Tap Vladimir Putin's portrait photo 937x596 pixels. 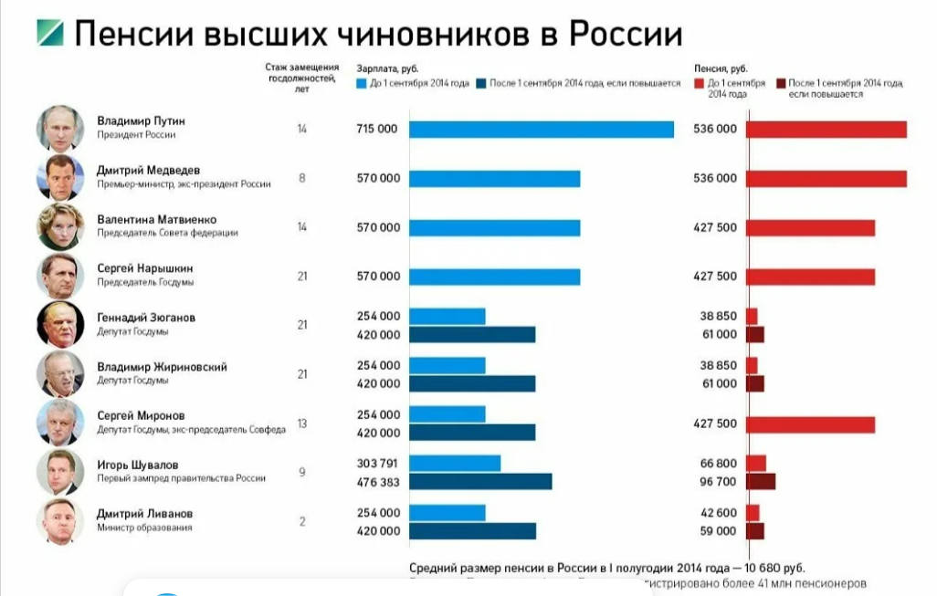pos(60,128)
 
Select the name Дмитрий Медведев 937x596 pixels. pos(148,170)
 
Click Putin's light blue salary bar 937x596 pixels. pos(541,130)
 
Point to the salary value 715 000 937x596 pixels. pos(377,130)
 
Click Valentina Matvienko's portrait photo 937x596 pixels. pos(60,226)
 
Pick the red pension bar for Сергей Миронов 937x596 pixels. pos(810,424)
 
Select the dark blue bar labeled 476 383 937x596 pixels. pos(480,482)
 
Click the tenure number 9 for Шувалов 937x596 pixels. pos(301,473)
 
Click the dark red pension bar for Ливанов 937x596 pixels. pos(754,531)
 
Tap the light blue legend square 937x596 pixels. pos(362,84)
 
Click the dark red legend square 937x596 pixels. pos(780,84)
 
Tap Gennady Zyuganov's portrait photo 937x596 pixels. pos(60,325)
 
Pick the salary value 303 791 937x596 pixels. pos(378,464)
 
